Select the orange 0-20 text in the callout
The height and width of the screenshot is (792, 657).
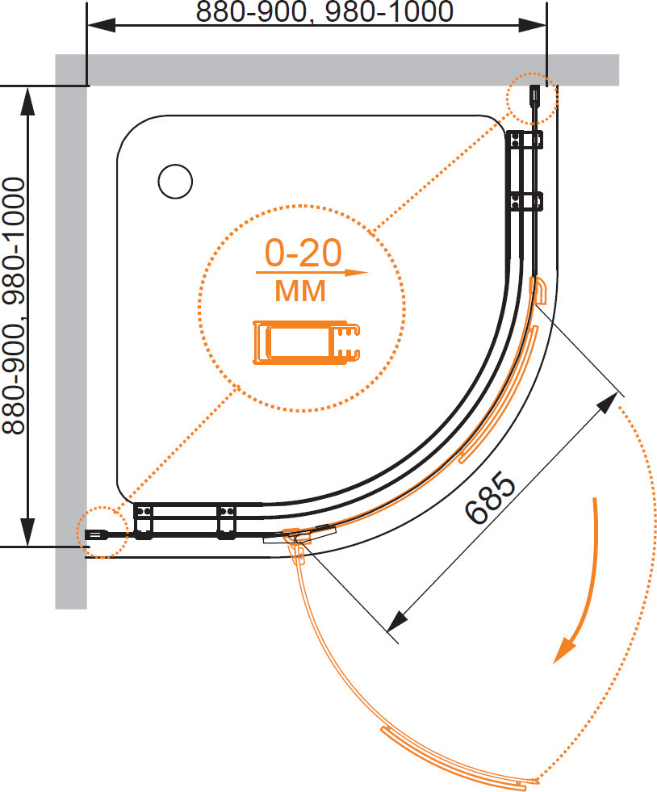coord(303,253)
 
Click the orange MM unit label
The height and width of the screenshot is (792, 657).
coord(300,291)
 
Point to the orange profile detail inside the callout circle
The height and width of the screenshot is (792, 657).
coord(306,342)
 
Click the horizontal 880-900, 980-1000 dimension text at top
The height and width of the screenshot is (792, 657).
coord(324,11)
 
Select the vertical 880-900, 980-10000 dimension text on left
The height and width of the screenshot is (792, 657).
coord(14,306)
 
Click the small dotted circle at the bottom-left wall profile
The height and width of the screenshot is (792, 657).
coord(103,532)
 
